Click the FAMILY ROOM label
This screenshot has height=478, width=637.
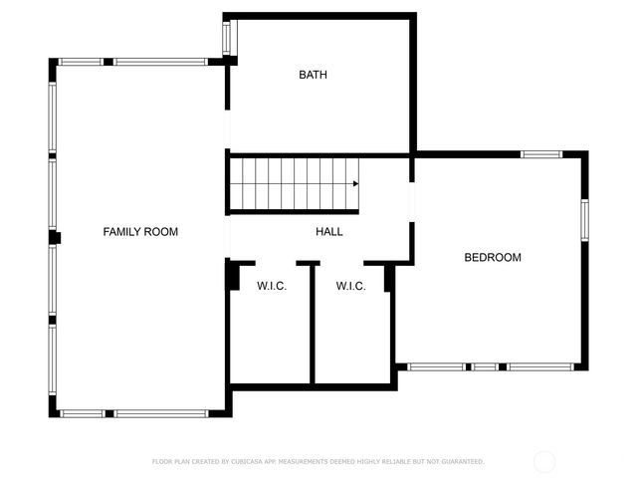[140, 232]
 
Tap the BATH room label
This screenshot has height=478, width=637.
[314, 75]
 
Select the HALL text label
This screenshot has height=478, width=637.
[329, 232]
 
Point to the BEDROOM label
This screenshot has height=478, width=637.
[493, 258]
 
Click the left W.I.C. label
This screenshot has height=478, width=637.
[272, 287]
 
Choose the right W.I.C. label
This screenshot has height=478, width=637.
[350, 287]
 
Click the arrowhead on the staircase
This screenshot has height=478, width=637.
[355, 183]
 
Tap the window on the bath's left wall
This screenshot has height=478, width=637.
[226, 38]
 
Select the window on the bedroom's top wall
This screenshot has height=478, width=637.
[541, 154]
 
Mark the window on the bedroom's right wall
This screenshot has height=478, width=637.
[584, 220]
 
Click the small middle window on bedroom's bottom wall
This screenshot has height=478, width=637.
[485, 366]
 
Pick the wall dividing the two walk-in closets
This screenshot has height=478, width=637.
[314, 324]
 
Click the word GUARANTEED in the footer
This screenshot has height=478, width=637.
[463, 462]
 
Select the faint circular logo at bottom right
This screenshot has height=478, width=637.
[544, 461]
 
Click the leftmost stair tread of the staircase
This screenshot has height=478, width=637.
[238, 183]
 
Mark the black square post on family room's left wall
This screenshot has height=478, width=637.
[56, 237]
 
